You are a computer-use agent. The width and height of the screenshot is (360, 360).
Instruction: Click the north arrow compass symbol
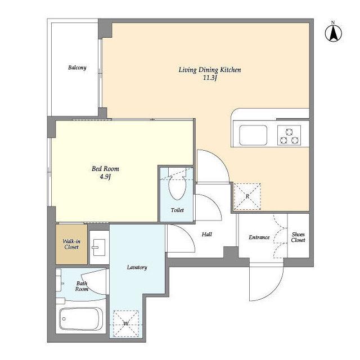coord(334,32)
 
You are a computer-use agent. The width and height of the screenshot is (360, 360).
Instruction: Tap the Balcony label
coord(77,67)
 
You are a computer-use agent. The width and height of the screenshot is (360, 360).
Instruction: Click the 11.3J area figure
coord(210,78)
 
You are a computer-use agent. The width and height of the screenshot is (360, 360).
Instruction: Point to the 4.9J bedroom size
coord(105,177)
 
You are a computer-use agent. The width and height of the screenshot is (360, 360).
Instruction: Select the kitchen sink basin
coord(253,135)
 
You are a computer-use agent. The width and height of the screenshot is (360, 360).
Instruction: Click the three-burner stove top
coord(289,135)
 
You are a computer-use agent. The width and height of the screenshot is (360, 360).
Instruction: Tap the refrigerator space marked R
coord(247,196)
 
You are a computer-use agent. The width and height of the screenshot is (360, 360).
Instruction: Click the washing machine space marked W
coord(126,324)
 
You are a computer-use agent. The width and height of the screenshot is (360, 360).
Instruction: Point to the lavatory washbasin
coord(99,247)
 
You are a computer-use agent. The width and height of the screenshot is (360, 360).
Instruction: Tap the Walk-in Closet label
coord(71,244)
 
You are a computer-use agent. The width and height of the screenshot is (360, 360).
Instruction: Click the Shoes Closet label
coord(298,237)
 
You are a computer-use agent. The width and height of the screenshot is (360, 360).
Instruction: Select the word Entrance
coord(259,237)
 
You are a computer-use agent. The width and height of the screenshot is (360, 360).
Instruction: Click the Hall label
coord(206,235)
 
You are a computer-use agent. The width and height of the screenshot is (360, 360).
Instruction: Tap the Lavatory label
coord(137,268)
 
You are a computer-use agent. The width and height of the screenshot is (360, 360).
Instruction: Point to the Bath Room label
coord(82,286)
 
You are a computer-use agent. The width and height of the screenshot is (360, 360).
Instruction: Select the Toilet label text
coord(177,210)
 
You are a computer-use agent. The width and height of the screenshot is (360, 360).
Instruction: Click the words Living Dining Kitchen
coord(210,70)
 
